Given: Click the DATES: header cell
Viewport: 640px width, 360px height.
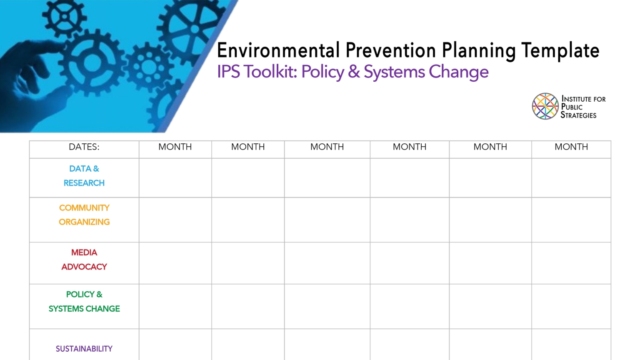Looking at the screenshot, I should tap(84, 147).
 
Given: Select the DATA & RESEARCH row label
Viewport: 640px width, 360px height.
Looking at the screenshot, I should tap(84, 176).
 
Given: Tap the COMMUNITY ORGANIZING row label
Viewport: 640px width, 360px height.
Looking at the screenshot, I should tap(84, 215).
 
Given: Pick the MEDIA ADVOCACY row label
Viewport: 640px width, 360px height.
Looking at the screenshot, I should tap(84, 260).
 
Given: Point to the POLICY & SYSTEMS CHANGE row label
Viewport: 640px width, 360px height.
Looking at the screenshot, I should tap(84, 302).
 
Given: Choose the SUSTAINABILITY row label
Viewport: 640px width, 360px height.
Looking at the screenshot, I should tap(84, 349).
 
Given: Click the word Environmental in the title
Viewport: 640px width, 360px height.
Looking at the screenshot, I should tap(278, 51).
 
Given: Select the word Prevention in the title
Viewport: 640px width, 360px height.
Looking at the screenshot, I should tap(390, 51).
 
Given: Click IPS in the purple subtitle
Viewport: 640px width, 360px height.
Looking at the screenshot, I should tap(228, 72).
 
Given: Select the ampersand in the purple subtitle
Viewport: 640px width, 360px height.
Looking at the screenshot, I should tap(354, 72).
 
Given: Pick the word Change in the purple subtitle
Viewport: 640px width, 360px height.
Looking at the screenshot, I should tap(458, 72).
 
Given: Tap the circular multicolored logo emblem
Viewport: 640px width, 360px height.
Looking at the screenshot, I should tap(545, 106).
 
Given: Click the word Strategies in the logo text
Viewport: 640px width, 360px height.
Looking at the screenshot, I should tap(578, 115).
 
